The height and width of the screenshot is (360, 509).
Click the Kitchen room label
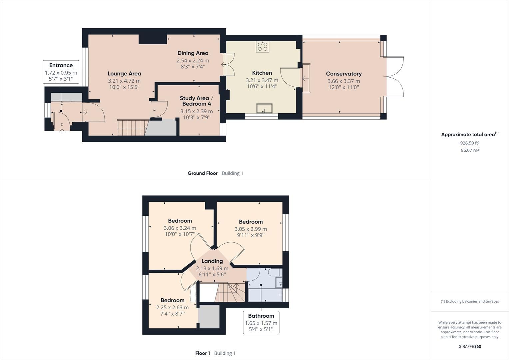point(262,73)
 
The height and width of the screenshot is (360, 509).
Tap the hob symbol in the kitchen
point(262,47)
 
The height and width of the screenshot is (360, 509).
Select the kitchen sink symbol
point(264,109)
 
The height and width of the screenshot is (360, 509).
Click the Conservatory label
point(343,74)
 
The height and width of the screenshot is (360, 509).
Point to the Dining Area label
point(193,53)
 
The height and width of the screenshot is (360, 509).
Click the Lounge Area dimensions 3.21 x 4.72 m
point(124,81)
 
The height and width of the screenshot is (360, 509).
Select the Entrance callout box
point(61,72)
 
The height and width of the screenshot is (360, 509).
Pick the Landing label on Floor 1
point(212,261)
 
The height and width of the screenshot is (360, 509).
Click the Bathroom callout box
point(261,323)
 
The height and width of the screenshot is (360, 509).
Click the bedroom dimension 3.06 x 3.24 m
point(180,228)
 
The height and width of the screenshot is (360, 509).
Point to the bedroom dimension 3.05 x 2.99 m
point(251,229)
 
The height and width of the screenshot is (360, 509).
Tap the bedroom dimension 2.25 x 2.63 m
point(172,307)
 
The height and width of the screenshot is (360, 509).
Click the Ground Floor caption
point(203,173)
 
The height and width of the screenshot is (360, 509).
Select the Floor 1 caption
point(203,353)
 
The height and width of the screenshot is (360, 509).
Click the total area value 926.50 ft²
point(470,143)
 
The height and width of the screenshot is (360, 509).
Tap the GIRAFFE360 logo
point(470,346)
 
